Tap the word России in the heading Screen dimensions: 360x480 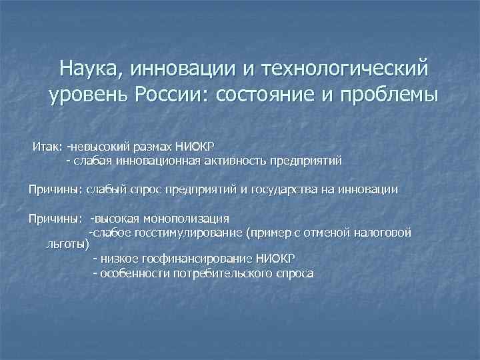click(171, 95)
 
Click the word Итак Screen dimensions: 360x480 click(47, 146)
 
